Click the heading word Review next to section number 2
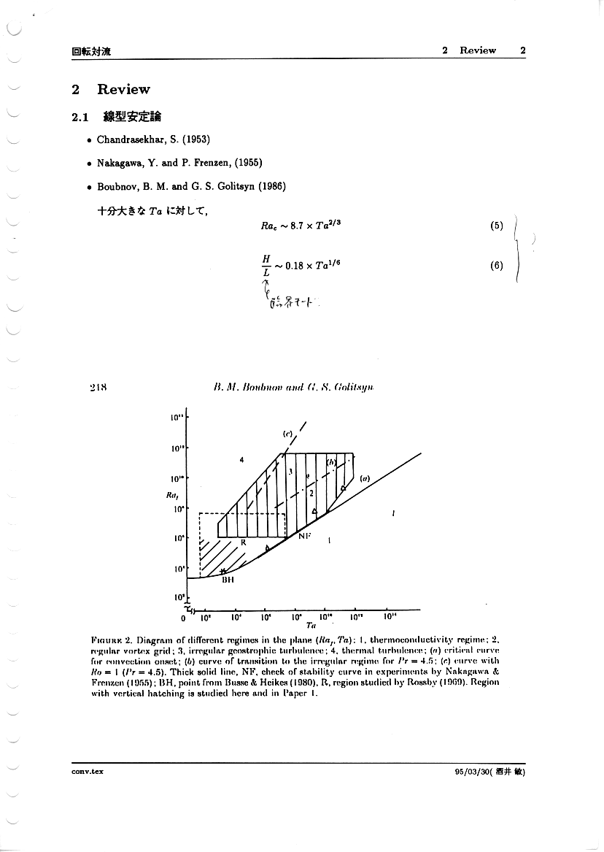(123, 90)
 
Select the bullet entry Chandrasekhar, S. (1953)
(143, 139)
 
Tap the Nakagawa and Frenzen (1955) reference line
(169, 162)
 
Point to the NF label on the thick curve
(304, 536)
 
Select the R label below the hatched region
(244, 542)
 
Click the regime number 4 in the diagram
(241, 460)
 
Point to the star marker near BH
(223, 571)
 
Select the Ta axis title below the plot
(311, 625)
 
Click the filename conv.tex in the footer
(86, 771)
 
